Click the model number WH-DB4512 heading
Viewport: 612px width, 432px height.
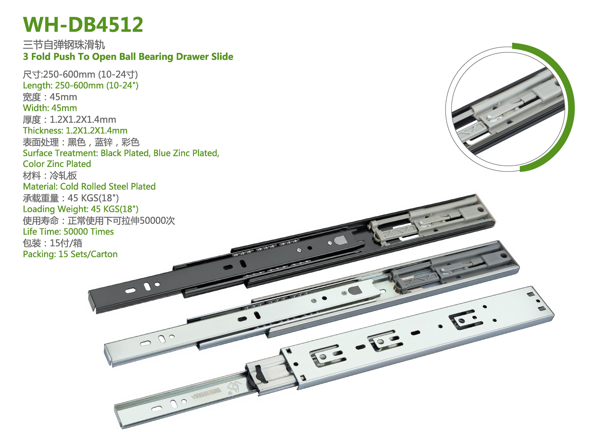pos(83,24)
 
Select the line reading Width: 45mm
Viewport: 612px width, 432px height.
pos(50,108)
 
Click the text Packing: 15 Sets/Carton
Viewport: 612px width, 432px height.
pos(70,254)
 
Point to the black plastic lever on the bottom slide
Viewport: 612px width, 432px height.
pos(260,375)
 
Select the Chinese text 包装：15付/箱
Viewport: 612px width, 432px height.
pos(52,243)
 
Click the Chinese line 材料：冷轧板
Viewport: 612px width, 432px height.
pos(50,175)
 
